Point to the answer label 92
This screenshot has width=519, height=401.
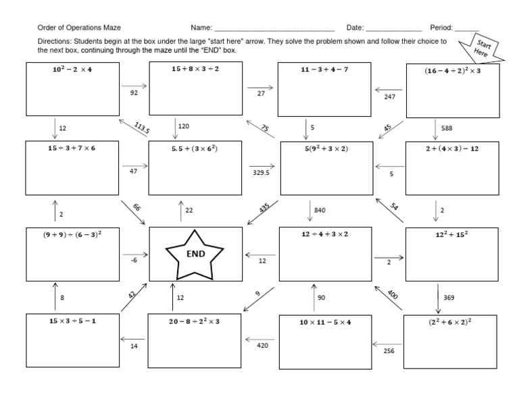tap(133, 93)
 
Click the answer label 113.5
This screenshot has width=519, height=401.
tap(141, 127)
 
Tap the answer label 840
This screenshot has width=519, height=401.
tap(320, 210)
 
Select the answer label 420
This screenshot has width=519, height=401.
tap(262, 345)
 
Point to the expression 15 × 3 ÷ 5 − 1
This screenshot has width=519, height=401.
tap(71, 321)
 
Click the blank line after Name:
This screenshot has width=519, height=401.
tap(274, 29)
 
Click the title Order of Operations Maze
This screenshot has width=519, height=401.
tap(76, 28)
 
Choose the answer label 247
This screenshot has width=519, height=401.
tap(389, 97)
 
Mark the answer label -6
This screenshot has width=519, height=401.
tap(134, 259)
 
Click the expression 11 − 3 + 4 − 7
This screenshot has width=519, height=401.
tap(323, 70)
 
